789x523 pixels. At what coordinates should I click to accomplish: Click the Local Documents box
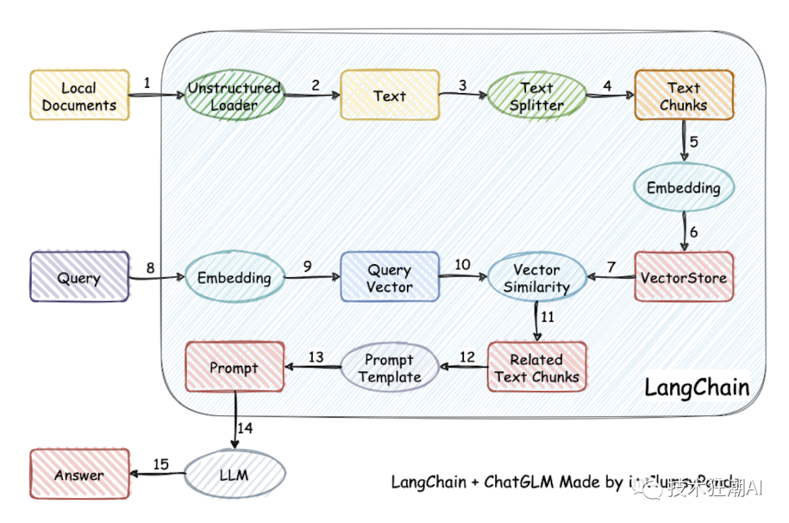point(79,96)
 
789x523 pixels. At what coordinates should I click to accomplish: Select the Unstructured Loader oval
point(234,96)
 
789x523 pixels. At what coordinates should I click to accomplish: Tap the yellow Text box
point(389,95)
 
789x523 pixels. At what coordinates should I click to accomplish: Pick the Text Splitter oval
point(536,96)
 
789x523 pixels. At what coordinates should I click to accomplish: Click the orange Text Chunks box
point(683,96)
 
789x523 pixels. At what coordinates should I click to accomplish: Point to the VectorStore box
point(683,277)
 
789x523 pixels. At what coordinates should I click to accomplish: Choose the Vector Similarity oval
point(536,278)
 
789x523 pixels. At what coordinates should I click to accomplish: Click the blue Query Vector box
point(389,277)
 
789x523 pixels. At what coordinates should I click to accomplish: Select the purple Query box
point(79,277)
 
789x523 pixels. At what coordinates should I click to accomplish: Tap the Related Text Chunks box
point(536,368)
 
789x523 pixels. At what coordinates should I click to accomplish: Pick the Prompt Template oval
point(389,368)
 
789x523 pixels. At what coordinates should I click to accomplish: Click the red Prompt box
point(234,368)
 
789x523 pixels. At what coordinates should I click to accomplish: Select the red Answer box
point(79,474)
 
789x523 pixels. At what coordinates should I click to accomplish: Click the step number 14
point(246,429)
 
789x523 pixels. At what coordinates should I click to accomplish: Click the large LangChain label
point(696,387)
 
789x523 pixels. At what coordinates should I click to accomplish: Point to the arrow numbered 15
point(156,474)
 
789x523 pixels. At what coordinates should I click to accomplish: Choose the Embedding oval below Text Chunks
point(683,187)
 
